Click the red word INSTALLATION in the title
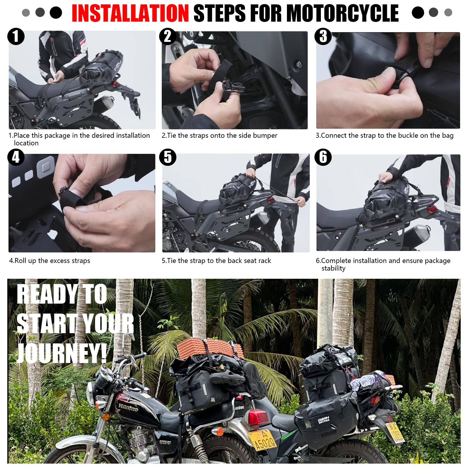pyautogui.click(x=130, y=13)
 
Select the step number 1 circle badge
pyautogui.click(x=16, y=36)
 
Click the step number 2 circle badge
pyautogui.click(x=168, y=36)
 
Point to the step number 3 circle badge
pyautogui.click(x=323, y=36)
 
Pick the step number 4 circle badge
pyautogui.click(x=16, y=157)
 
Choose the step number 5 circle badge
pyautogui.click(x=168, y=157)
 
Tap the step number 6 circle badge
pyautogui.click(x=323, y=157)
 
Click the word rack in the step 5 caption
pyautogui.click(x=264, y=261)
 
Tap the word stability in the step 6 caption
pyautogui.click(x=333, y=268)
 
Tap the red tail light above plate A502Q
pyautogui.click(x=258, y=417)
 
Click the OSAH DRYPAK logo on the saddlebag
pyautogui.click(x=324, y=420)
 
